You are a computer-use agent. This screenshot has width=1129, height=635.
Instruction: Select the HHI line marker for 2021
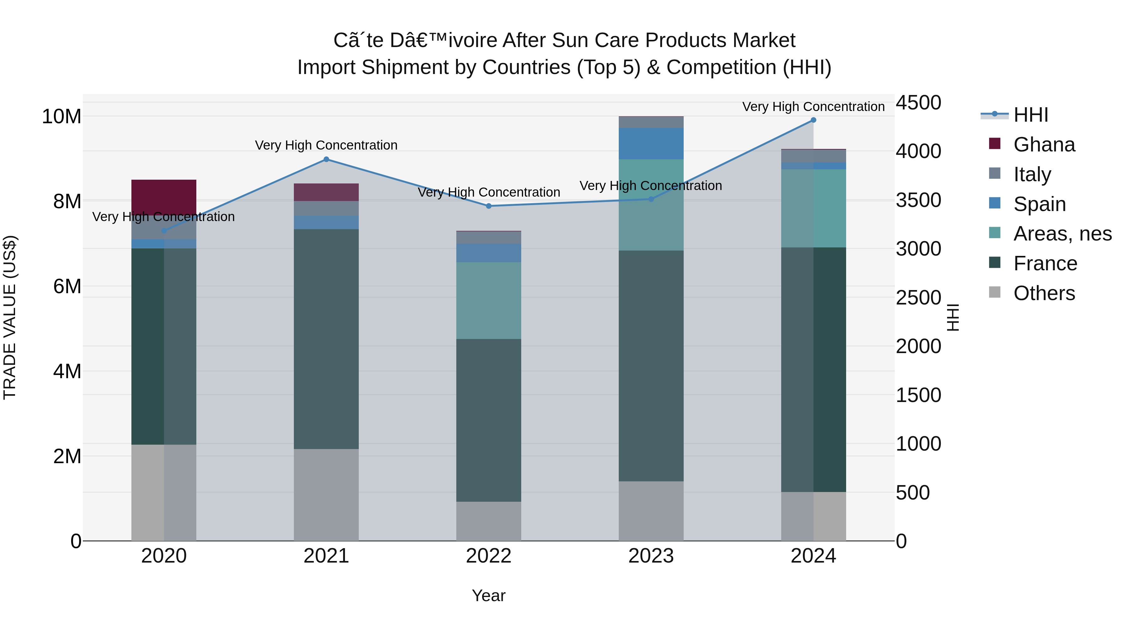326,160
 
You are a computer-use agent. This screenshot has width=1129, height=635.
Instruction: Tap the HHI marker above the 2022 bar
489,206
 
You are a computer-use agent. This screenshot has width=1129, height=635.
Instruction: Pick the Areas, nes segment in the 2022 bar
489,301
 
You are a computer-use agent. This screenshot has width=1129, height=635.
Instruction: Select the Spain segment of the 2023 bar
651,144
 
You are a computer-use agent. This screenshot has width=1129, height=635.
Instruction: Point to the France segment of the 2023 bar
651,366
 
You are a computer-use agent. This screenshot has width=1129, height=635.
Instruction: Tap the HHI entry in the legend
1031,115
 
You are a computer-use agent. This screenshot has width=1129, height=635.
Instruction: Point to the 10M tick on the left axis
61,117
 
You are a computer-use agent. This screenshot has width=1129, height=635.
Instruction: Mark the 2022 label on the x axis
489,556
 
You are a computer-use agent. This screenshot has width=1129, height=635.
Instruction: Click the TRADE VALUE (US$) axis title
10,317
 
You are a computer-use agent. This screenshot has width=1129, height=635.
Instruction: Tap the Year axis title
489,595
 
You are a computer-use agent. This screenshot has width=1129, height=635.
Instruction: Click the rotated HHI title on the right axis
953,317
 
